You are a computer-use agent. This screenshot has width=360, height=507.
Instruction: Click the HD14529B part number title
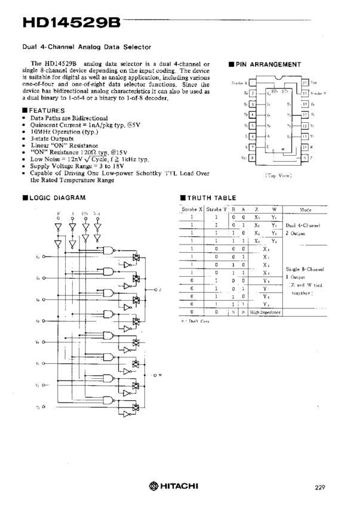pyautogui.click(x=71, y=23)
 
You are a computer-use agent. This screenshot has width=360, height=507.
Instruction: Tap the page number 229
pyautogui.click(x=320, y=487)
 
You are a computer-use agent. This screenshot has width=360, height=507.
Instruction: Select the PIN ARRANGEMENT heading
pyautogui.click(x=268, y=64)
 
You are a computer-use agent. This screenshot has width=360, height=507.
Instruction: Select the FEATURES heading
pyautogui.click(x=47, y=111)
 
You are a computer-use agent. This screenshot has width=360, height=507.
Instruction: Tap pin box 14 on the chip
pyautogui.click(x=304, y=104)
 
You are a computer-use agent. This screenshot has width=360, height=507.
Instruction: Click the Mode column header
pyautogui.click(x=305, y=210)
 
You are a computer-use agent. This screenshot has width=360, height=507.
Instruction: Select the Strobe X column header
pyautogui.click(x=192, y=209)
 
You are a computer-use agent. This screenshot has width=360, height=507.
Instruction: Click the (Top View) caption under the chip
pyautogui.click(x=278, y=175)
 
